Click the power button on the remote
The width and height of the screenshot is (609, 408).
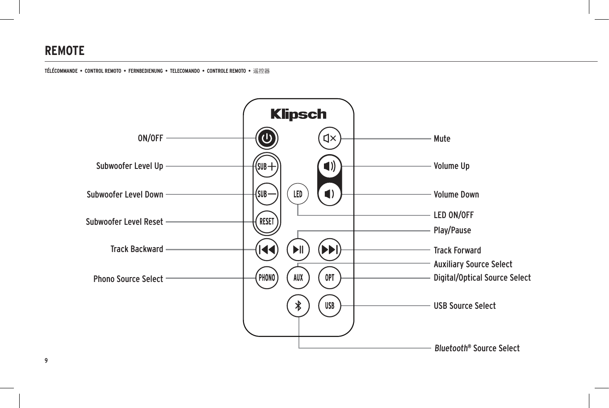pyautogui.click(x=267, y=138)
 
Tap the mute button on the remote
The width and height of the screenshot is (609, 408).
pyautogui.click(x=330, y=139)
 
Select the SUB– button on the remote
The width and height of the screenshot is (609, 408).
pyautogui.click(x=267, y=194)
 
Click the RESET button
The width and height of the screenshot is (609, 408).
pyautogui.click(x=267, y=221)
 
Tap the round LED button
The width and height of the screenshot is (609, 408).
pyautogui.click(x=298, y=194)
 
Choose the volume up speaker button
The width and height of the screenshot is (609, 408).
pyautogui.click(x=330, y=166)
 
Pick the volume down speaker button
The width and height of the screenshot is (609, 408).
pyautogui.click(x=330, y=194)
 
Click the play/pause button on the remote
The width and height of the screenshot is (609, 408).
pyautogui.click(x=298, y=249)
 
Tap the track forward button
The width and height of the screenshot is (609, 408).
pyautogui.click(x=330, y=249)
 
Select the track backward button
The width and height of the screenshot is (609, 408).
pyautogui.click(x=267, y=249)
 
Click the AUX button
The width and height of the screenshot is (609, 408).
pyautogui.click(x=298, y=278)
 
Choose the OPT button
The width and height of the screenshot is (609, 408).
pyautogui.click(x=330, y=278)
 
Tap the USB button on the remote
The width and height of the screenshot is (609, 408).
pyautogui.click(x=330, y=306)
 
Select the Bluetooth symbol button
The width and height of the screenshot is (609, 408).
pyautogui.click(x=298, y=306)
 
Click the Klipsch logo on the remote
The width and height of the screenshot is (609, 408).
pyautogui.click(x=298, y=114)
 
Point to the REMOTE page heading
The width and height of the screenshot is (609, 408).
pyautogui.click(x=65, y=51)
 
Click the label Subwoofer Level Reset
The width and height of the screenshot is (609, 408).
pyautogui.click(x=124, y=222)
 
